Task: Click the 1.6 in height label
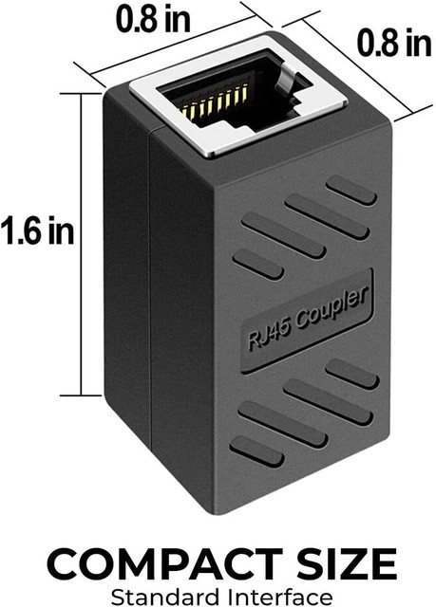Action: [37, 230]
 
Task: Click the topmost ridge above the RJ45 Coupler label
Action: [352, 189]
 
